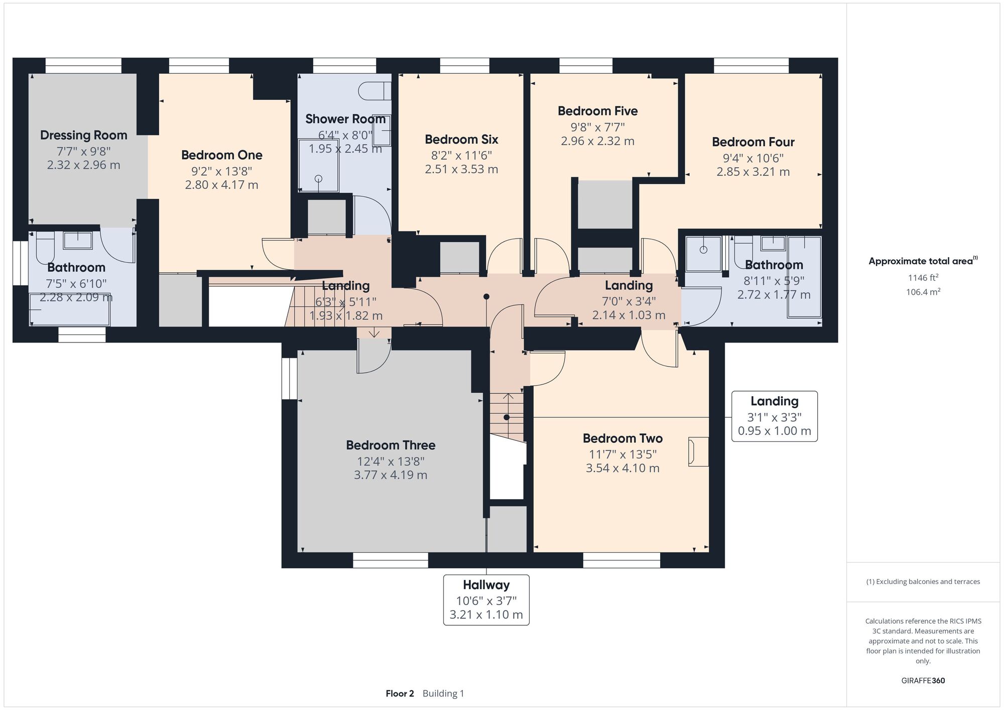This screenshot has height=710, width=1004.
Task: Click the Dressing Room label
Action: click(84, 135)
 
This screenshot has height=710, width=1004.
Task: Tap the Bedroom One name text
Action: click(222, 155)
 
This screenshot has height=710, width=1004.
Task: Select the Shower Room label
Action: click(345, 119)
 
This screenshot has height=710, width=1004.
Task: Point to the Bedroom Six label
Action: click(461, 139)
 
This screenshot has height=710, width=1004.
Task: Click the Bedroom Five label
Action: click(597, 111)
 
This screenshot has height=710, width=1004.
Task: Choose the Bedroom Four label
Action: click(753, 142)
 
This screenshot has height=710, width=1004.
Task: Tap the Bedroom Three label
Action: click(391, 445)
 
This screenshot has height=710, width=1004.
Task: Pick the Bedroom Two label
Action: click(622, 438)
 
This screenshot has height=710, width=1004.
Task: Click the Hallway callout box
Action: click(486, 600)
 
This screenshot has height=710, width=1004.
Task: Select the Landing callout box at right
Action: click(775, 416)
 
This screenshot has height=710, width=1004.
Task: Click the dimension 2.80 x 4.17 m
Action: click(222, 185)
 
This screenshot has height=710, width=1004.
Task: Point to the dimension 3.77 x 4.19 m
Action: click(391, 475)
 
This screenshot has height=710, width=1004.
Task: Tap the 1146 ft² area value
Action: click(923, 277)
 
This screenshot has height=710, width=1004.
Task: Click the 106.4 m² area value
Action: click(923, 292)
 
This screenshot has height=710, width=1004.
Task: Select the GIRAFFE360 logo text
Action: click(923, 681)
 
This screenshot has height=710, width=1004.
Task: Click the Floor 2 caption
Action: click(400, 693)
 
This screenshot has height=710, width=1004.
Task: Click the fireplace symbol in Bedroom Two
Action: click(698, 452)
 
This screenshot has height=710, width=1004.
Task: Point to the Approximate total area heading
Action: click(923, 261)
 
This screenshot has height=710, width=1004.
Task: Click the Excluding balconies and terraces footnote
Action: click(923, 581)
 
